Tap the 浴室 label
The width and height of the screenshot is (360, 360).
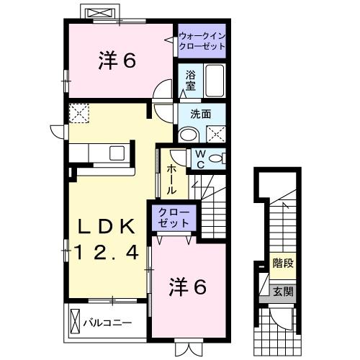(190, 79)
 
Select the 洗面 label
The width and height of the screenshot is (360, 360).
(200, 113)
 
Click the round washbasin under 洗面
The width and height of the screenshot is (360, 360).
(189, 133)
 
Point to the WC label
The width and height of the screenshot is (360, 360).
(199, 158)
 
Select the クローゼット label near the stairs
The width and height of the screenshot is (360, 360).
(171, 217)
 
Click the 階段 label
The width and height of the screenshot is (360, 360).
(282, 264)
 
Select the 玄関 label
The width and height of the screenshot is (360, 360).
(282, 292)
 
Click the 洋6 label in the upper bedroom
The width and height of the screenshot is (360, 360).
(117, 61)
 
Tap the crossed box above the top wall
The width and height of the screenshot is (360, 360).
(99, 12)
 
